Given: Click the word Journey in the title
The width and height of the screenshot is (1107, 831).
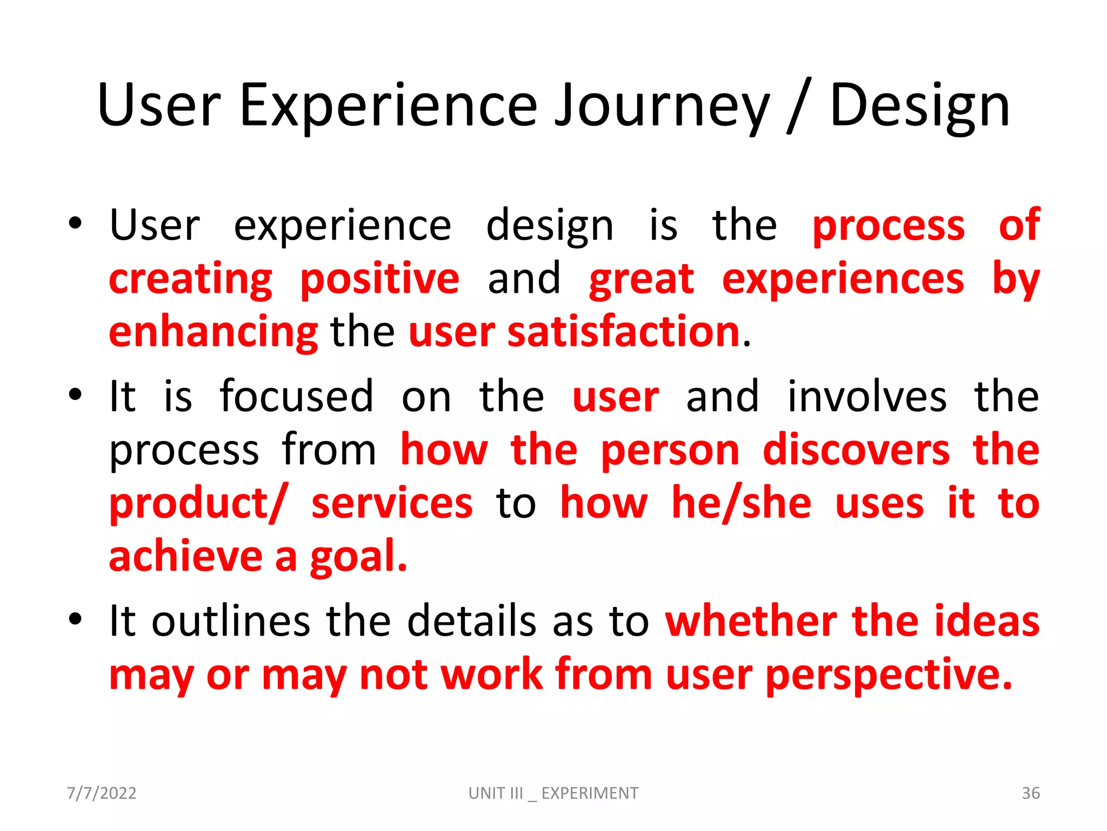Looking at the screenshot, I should pos(662,107).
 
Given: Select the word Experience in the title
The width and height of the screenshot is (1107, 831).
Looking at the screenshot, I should pos(388,107).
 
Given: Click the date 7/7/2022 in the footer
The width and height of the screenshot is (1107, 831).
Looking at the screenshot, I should pos(102,793).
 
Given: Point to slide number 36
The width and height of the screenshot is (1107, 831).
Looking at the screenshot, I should pos(1030,793).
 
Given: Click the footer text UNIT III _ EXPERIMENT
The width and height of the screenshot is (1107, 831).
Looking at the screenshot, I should pos(553,793).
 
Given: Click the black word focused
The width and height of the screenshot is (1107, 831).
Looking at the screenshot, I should pos(297,396).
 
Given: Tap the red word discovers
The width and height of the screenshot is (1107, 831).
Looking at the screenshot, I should pos(856,450).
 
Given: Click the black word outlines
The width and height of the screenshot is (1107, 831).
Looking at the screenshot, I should pos(231,621).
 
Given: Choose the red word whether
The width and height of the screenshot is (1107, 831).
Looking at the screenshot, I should pos(751,621).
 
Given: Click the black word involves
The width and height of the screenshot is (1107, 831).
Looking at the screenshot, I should pos(867,396).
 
